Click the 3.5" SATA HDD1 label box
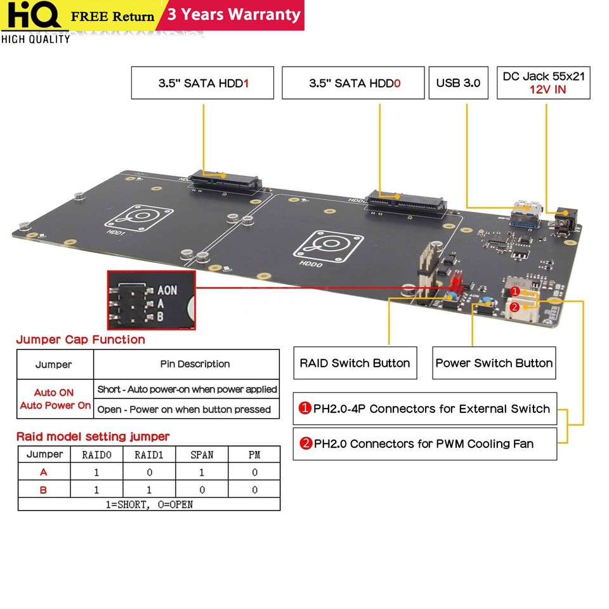tap(202, 83)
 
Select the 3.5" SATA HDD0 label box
tap(353, 83)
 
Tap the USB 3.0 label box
tap(458, 83)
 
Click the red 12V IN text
tap(543, 90)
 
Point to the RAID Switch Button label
tap(355, 363)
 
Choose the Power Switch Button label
tap(494, 363)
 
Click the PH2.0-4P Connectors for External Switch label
tap(425, 409)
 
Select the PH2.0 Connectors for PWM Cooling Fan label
tap(425, 443)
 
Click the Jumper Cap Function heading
tap(81, 339)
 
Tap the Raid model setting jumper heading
tap(93, 436)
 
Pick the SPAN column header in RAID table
tap(202, 455)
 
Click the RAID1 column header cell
tap(148, 455)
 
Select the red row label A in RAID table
tap(44, 472)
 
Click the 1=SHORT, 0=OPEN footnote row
tap(148, 504)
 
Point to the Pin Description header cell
tap(186, 364)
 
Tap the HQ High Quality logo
tap(35, 22)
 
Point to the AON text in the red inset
tap(167, 290)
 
